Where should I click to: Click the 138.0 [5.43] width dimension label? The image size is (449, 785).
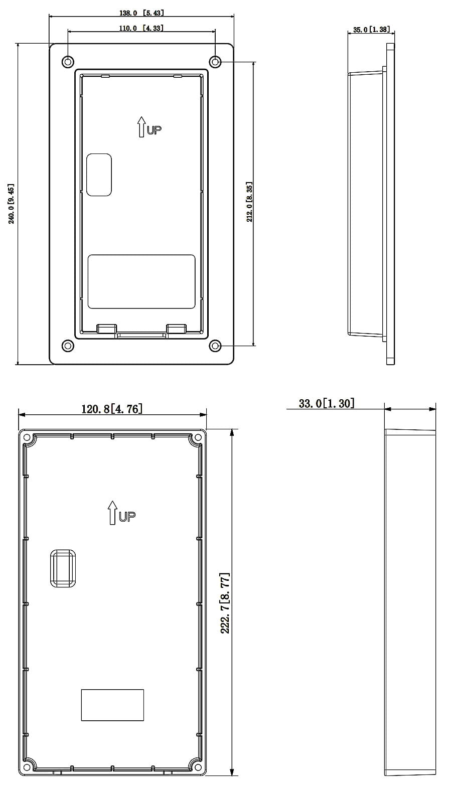(x=141, y=13)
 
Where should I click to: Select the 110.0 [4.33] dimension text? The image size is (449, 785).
(x=141, y=28)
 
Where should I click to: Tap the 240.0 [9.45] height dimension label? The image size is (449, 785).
(x=11, y=204)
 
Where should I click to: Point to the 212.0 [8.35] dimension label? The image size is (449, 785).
(x=249, y=202)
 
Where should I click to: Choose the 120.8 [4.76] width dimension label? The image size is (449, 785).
(x=112, y=409)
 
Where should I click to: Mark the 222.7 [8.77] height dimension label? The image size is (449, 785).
(x=225, y=602)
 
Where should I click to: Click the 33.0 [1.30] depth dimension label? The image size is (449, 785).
(x=326, y=403)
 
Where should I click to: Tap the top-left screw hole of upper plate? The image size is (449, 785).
(x=68, y=61)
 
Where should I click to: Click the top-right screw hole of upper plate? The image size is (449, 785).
(x=215, y=61)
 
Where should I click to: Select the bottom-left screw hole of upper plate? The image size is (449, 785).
(x=68, y=346)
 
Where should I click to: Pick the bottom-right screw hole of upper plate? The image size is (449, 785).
(x=215, y=346)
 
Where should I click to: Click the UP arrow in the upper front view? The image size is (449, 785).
(x=142, y=127)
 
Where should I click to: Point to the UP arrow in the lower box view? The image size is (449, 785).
(x=113, y=513)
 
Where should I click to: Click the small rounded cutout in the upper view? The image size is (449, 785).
(x=99, y=175)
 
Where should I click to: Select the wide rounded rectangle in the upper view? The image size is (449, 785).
(x=141, y=281)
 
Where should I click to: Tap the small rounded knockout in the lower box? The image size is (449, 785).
(x=63, y=568)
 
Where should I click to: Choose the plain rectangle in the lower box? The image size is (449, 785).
(x=112, y=705)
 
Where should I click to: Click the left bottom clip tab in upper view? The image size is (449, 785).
(x=106, y=328)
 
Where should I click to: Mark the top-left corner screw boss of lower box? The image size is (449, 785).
(x=28, y=438)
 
